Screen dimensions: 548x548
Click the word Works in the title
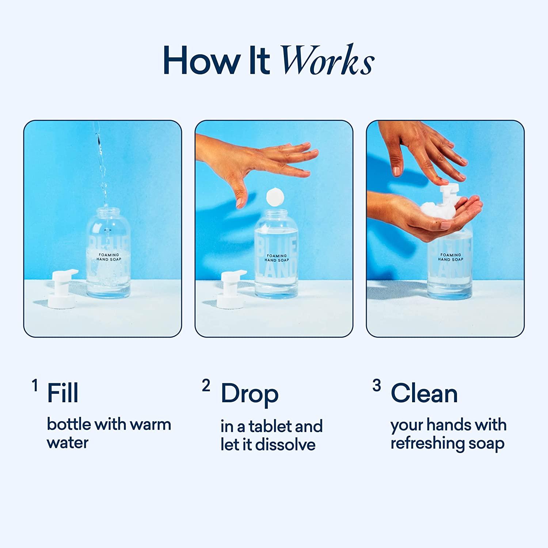pos(327,61)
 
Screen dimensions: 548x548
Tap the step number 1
pos(35,385)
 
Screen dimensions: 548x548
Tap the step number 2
pos(206,385)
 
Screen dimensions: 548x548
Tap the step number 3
pos(377,385)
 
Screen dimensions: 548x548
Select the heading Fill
pos(62,393)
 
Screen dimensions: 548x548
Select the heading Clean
pos(424,393)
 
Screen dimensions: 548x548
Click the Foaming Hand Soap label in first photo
pos(109,257)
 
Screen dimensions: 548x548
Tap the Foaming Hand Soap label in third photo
pos(450,257)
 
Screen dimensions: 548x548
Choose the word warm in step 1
pos(150,425)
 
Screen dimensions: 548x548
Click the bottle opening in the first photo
pos(109,209)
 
